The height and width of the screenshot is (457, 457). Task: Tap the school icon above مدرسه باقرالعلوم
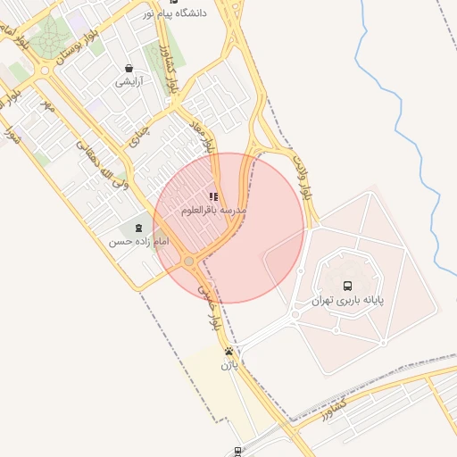click(212, 196)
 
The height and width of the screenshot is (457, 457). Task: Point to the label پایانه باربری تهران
click(347, 302)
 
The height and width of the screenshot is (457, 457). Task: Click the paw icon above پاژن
click(229, 352)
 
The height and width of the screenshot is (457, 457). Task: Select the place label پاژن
click(229, 365)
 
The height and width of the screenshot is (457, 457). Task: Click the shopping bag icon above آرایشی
click(129, 68)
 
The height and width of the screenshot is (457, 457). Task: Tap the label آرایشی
click(129, 81)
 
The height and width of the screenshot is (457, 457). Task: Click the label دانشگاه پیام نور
click(198, 13)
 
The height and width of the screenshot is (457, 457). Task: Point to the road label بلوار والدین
click(301, 176)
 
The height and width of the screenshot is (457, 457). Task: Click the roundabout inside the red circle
click(189, 261)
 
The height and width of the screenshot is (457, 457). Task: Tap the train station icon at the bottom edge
click(237, 452)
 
